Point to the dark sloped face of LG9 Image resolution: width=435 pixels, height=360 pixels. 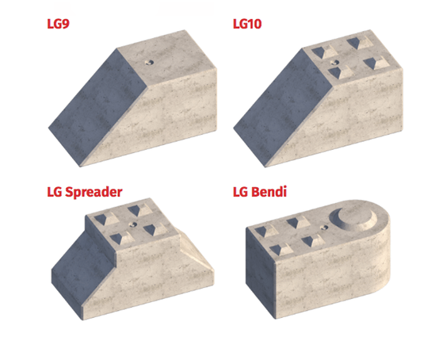tap(83, 99)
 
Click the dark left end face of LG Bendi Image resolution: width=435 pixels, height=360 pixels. tap(258, 262)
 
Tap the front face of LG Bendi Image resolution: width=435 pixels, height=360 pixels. tap(325, 274)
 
